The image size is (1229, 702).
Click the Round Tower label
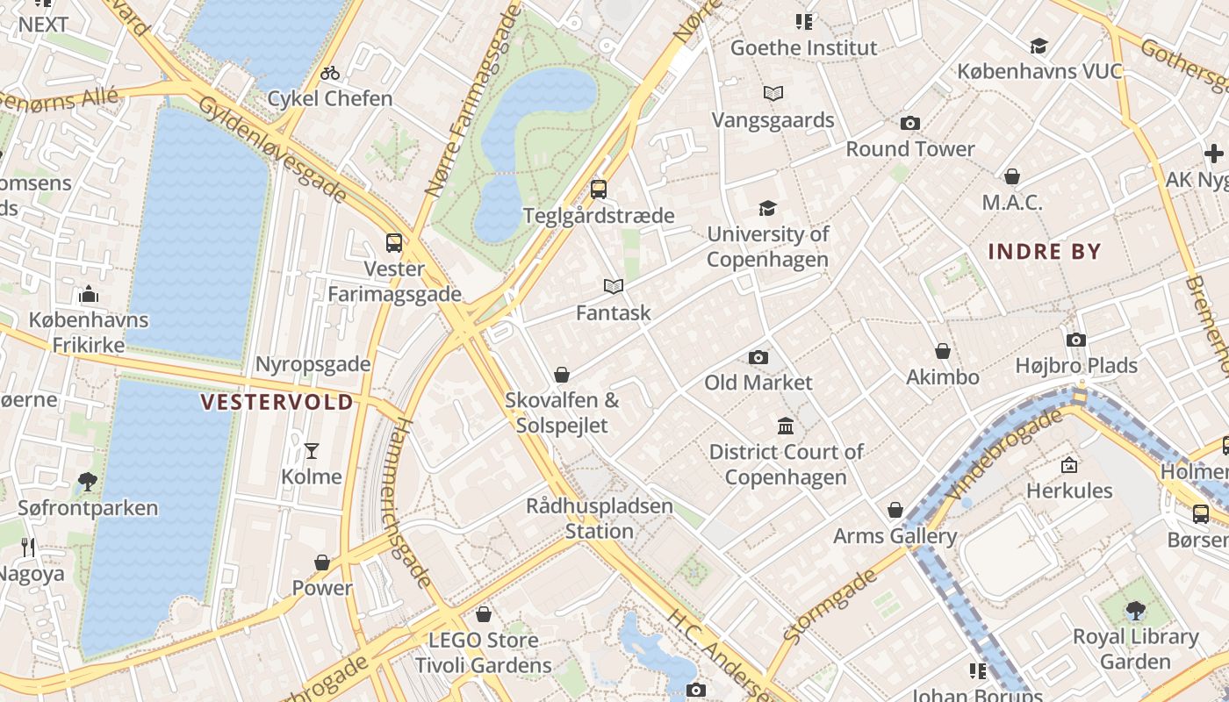click(x=909, y=149)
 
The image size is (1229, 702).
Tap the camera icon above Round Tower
click(x=910, y=123)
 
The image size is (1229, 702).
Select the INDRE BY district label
click(x=1044, y=252)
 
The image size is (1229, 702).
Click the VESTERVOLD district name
click(x=277, y=402)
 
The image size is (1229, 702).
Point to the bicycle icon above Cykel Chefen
click(x=330, y=73)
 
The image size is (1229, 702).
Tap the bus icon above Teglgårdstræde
click(x=599, y=189)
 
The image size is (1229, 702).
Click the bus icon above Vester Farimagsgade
click(x=394, y=243)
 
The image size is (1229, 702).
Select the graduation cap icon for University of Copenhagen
click(x=768, y=208)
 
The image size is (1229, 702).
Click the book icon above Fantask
click(x=614, y=286)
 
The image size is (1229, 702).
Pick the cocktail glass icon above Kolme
click(x=312, y=451)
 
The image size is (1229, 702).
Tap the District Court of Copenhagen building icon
click(x=786, y=426)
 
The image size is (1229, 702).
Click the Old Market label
click(x=758, y=383)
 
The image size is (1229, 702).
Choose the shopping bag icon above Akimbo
click(x=943, y=351)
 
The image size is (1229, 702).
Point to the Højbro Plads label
click(x=1076, y=365)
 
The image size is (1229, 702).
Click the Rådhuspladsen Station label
click(x=600, y=519)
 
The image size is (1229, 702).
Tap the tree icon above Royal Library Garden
click(x=1135, y=610)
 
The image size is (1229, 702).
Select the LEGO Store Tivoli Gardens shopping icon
click(x=483, y=614)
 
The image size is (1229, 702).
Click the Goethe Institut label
click(x=803, y=47)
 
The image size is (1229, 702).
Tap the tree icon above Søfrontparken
click(x=88, y=481)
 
